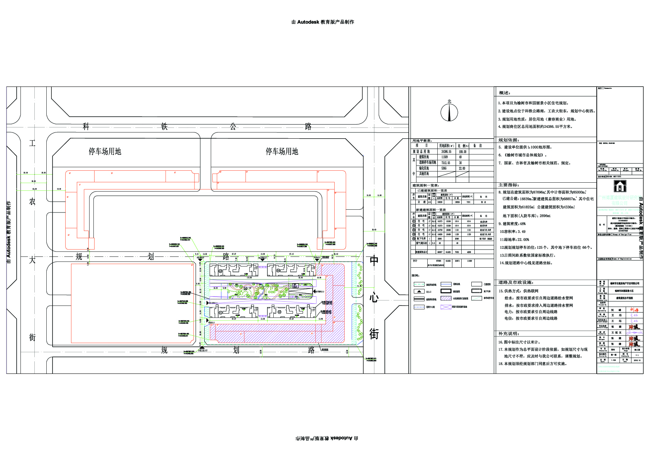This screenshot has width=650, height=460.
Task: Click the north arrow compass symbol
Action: pyautogui.click(x=449, y=112)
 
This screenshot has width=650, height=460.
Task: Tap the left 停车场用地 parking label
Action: pyautogui.click(x=105, y=151)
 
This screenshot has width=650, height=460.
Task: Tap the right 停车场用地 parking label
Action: pyautogui.click(x=282, y=151)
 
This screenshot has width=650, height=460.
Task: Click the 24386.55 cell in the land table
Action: pyautogui.click(x=447, y=152)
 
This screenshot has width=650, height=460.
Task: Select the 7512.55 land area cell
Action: pyautogui.click(x=446, y=163)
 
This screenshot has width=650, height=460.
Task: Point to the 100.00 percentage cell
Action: pyautogui.click(x=462, y=152)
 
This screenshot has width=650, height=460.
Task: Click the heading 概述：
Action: pyautogui.click(x=504, y=93)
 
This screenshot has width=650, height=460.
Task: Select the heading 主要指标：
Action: pyautogui.click(x=509, y=185)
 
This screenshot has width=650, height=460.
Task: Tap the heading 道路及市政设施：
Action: pyautogui.click(x=515, y=282)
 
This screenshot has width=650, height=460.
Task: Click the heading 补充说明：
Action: pyautogui.click(x=509, y=333)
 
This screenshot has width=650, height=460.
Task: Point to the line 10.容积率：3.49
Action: pyautogui.click(x=513, y=232)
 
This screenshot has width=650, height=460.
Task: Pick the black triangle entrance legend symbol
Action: pyautogui.click(x=419, y=291)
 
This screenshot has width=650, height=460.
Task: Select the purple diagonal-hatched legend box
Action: pyautogui.click(x=446, y=298)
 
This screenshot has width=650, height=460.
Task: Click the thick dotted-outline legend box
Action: pyautogui.click(x=477, y=291)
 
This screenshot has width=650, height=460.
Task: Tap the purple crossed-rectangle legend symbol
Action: pyautogui.click(x=446, y=307)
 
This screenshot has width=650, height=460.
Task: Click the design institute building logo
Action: pyautogui.click(x=620, y=186)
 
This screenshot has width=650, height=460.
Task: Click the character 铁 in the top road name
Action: pyautogui.click(x=164, y=126)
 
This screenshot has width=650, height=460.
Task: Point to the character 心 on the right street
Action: pyautogui.click(x=374, y=298)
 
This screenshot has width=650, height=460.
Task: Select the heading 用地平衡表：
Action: pyautogui.click(x=422, y=141)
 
